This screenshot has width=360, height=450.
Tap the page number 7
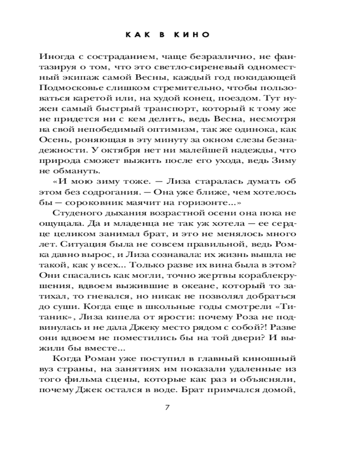pos(167,408)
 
